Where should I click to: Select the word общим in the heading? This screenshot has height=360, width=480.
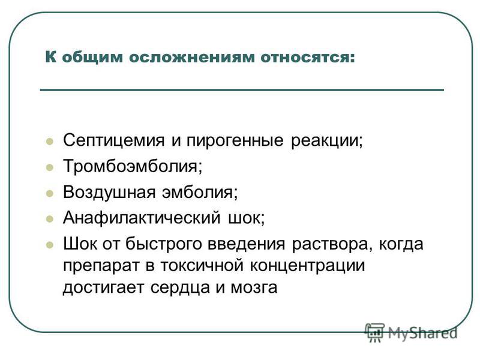click(x=92, y=58)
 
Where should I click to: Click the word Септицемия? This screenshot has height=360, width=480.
click(x=114, y=140)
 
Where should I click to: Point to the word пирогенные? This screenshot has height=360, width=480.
click(x=235, y=141)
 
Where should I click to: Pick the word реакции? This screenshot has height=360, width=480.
click(x=326, y=141)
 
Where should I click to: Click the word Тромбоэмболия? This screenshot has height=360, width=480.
click(x=133, y=166)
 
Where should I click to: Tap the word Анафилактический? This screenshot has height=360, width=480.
click(x=142, y=218)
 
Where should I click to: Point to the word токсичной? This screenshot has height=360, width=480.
click(x=202, y=266)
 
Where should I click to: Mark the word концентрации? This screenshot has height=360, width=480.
click(x=307, y=266)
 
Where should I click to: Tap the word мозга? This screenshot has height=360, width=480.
click(x=254, y=288)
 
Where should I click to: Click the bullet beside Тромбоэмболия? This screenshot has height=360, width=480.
click(x=50, y=167)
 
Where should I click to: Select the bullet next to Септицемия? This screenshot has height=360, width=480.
click(x=50, y=142)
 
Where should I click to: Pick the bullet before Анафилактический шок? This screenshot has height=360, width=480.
click(x=50, y=219)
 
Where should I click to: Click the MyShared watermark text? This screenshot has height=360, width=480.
click(x=422, y=333)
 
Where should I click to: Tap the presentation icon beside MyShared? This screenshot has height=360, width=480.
click(x=374, y=332)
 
